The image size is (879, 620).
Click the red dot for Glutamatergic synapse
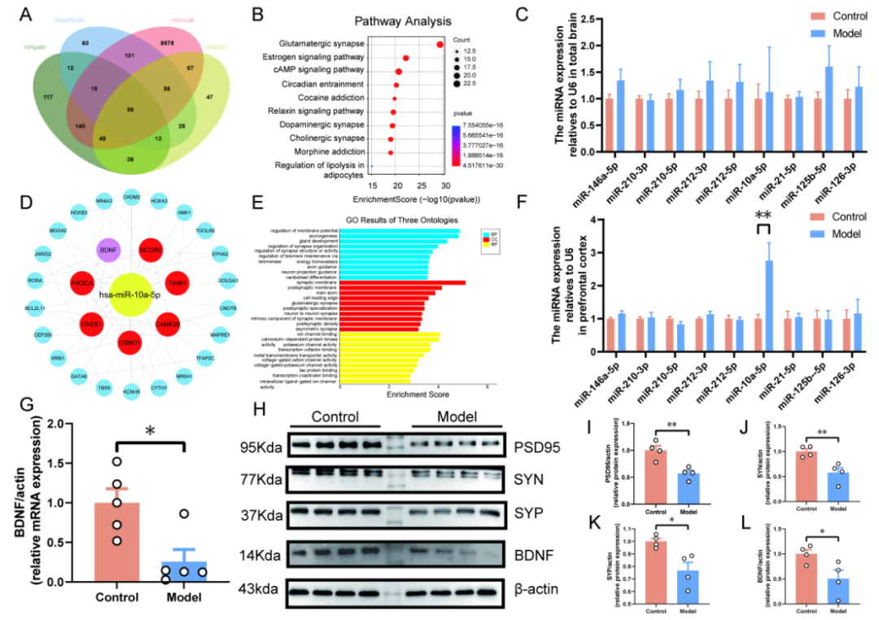(x=439, y=45)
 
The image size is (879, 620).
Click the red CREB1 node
(x=92, y=324)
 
